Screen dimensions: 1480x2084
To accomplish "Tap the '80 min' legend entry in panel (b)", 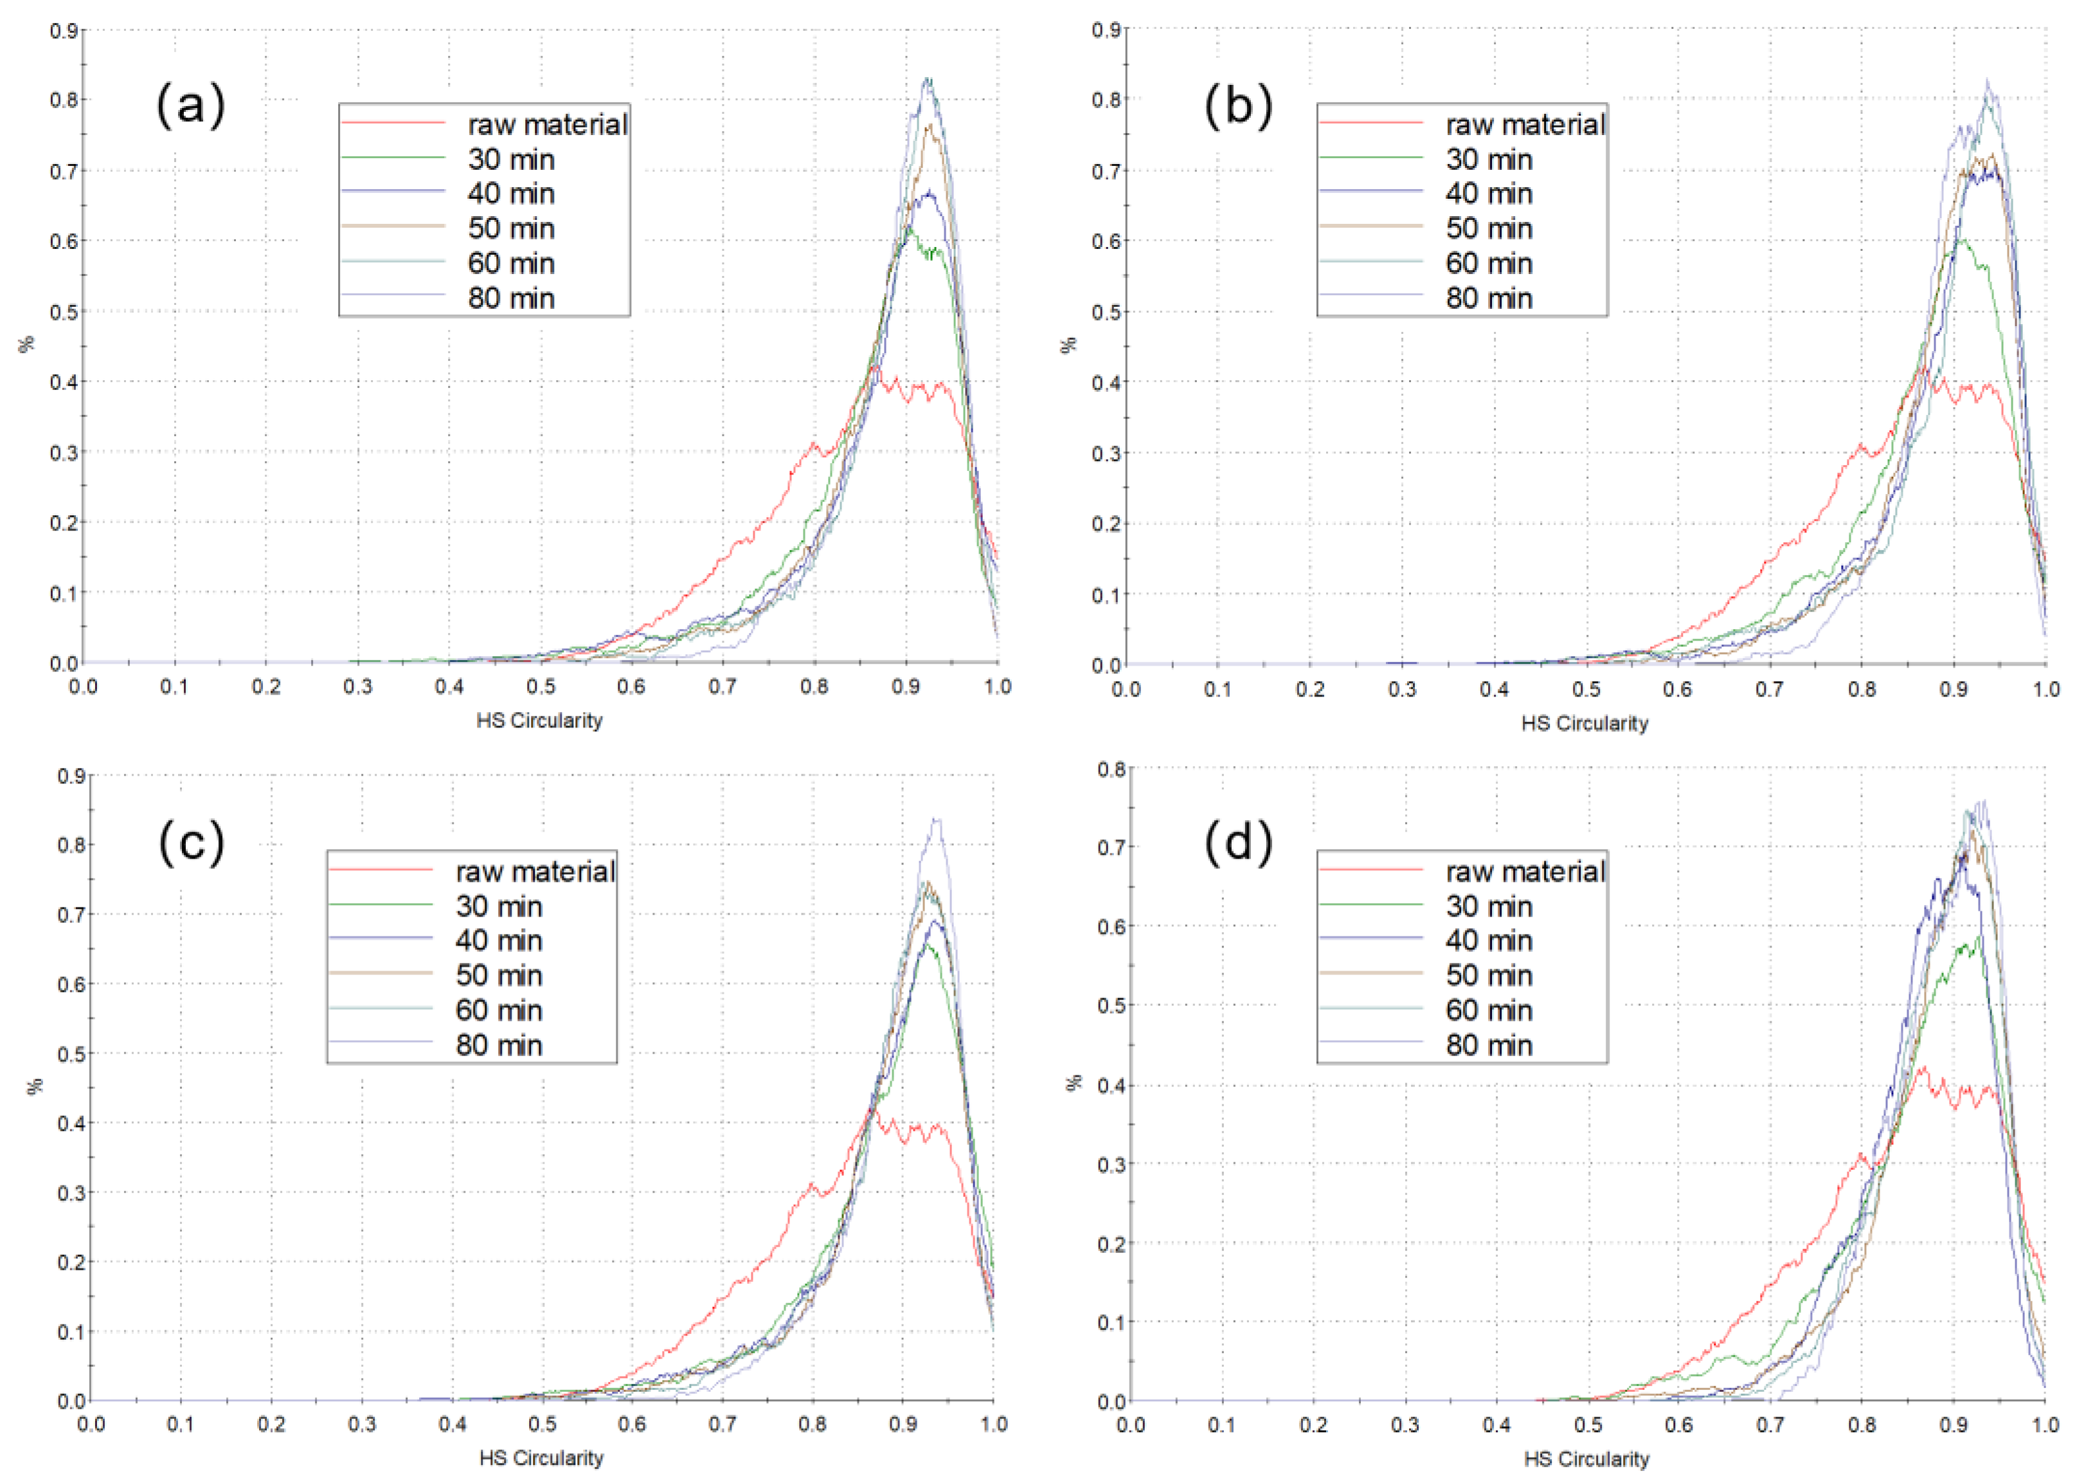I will pyautogui.click(x=1488, y=298).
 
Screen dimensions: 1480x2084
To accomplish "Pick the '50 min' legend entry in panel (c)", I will pyautogui.click(x=499, y=976).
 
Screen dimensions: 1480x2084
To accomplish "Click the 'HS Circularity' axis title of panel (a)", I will pyautogui.click(x=539, y=721).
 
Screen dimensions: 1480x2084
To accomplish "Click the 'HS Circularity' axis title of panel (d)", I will pyautogui.click(x=1586, y=1459).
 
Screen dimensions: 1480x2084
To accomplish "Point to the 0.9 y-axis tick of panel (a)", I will pyautogui.click(x=63, y=30).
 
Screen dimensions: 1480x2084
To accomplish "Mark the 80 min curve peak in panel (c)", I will pyautogui.click(x=935, y=819).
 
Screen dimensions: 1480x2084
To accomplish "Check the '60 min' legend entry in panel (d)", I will pyautogui.click(x=1488, y=1010).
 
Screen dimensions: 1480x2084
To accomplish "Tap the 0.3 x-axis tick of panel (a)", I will pyautogui.click(x=358, y=686).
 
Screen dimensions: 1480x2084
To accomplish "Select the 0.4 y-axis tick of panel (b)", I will pyautogui.click(x=1107, y=382).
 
